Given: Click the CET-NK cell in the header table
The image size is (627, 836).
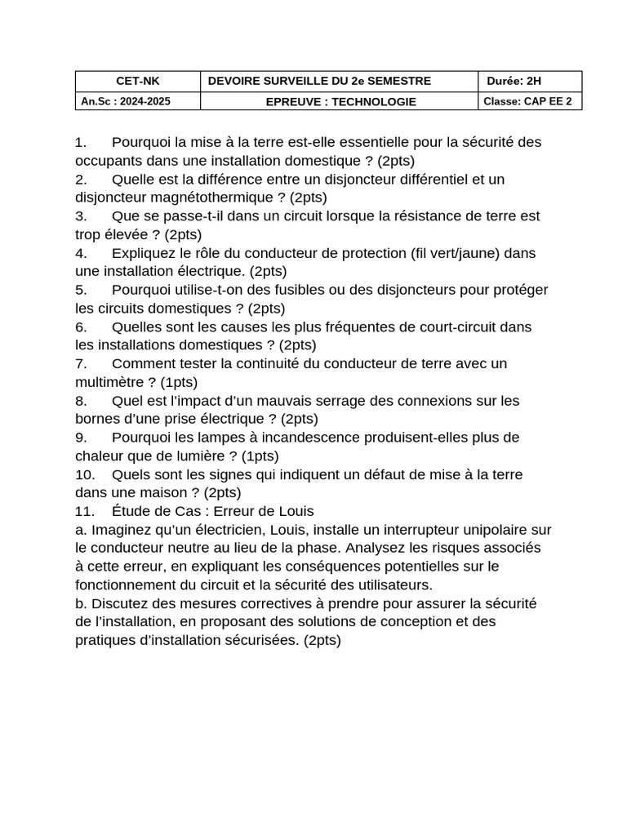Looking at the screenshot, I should [138, 81].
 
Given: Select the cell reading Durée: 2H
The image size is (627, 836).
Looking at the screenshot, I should [514, 81].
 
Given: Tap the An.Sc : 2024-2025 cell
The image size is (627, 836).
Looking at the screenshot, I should [126, 101].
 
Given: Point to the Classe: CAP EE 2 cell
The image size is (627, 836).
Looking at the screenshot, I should [527, 101].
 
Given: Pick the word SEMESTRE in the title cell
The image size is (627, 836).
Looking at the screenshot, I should [398, 81].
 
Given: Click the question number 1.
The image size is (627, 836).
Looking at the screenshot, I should [80, 142].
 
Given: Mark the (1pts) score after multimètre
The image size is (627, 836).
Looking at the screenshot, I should [179, 381].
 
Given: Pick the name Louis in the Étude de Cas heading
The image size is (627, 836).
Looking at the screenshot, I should [296, 511].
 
